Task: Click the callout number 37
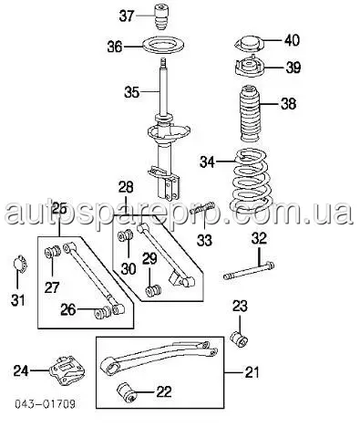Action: click(x=127, y=16)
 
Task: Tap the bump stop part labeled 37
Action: click(x=161, y=16)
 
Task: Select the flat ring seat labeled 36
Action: click(x=164, y=47)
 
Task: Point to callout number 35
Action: click(x=131, y=92)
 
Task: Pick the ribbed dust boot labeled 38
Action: click(x=250, y=115)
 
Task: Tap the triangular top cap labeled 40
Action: click(x=249, y=44)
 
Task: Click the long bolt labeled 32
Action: click(x=249, y=270)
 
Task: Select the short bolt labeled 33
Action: click(x=201, y=210)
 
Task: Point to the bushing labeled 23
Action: click(x=239, y=338)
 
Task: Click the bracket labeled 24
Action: click(x=67, y=370)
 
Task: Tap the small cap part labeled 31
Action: click(x=21, y=264)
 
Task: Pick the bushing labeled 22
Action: click(x=127, y=392)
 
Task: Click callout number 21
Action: click(x=251, y=372)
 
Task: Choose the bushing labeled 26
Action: click(x=103, y=312)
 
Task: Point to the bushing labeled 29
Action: click(x=153, y=290)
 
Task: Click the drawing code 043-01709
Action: click(x=45, y=404)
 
